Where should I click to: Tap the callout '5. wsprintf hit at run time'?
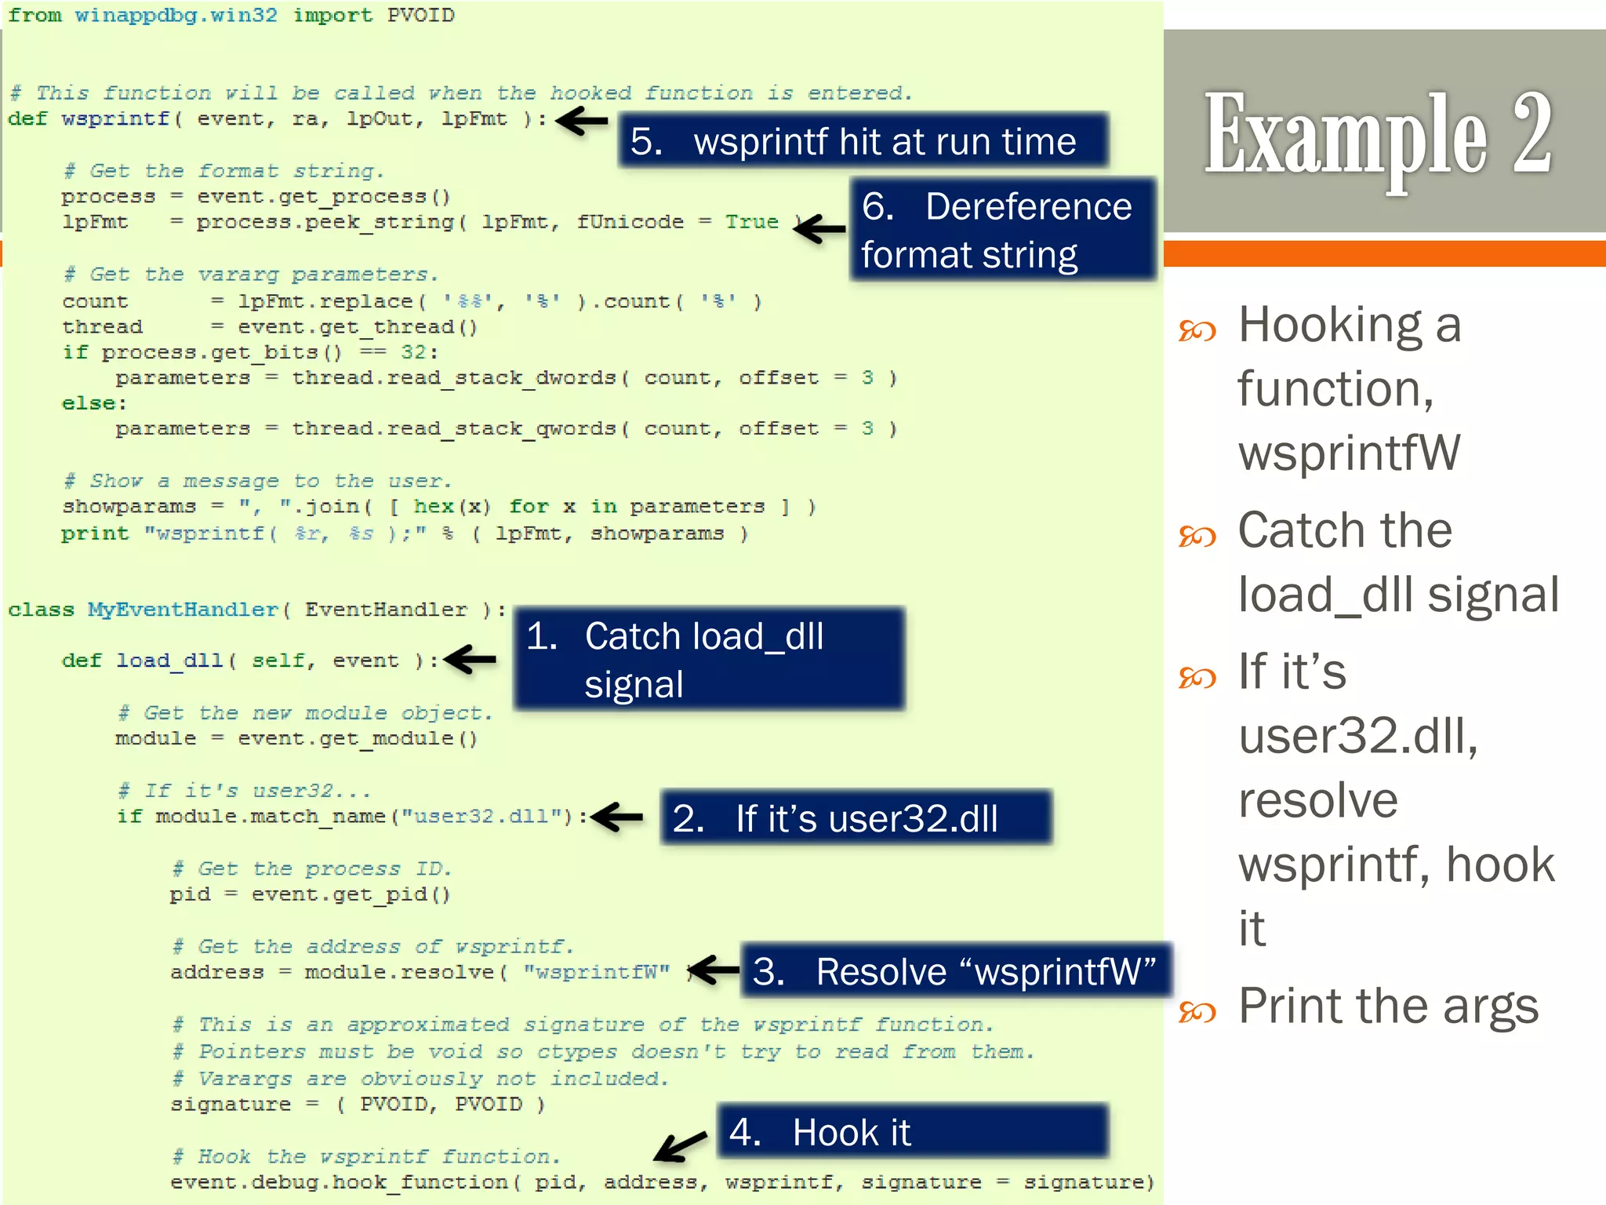tap(863, 141)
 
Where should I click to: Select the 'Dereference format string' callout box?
tap(1002, 230)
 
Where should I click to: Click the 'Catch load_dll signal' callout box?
tap(709, 659)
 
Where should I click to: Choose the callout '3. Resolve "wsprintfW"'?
tap(955, 971)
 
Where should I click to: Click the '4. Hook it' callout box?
tap(913, 1131)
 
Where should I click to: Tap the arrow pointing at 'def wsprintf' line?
tap(582, 121)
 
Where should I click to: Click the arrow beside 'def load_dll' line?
tap(471, 659)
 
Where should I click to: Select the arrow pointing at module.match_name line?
tap(617, 817)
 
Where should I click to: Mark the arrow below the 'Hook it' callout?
tap(680, 1147)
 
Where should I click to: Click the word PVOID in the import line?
tap(420, 16)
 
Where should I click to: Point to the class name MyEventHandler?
tap(183, 610)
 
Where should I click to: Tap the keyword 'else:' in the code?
tap(94, 403)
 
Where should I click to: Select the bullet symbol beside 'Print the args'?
tap(1197, 1011)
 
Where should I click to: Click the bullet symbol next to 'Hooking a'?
tap(1197, 330)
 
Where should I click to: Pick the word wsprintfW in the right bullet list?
tap(1349, 453)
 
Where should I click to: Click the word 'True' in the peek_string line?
tap(751, 222)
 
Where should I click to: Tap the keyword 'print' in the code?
tap(95, 533)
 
